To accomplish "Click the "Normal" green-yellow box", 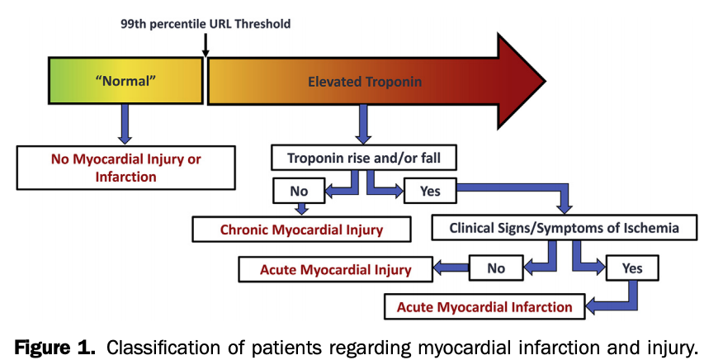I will pos(126,81).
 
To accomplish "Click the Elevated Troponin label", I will pos(364,81).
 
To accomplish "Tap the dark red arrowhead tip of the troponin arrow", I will pos(528,81).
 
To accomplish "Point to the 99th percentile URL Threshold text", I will pos(206,24).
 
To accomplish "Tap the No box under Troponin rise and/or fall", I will pos(299,191).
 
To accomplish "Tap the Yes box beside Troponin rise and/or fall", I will pos(430,191).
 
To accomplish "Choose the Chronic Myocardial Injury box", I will pos(301,230).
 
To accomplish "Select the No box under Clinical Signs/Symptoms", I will pos(496,268).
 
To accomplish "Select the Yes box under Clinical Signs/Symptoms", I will pos(632,268).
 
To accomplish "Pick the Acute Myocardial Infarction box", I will pos(484,306).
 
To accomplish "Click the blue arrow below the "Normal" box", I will pos(125,124).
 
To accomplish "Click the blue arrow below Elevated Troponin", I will pos(362,125).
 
